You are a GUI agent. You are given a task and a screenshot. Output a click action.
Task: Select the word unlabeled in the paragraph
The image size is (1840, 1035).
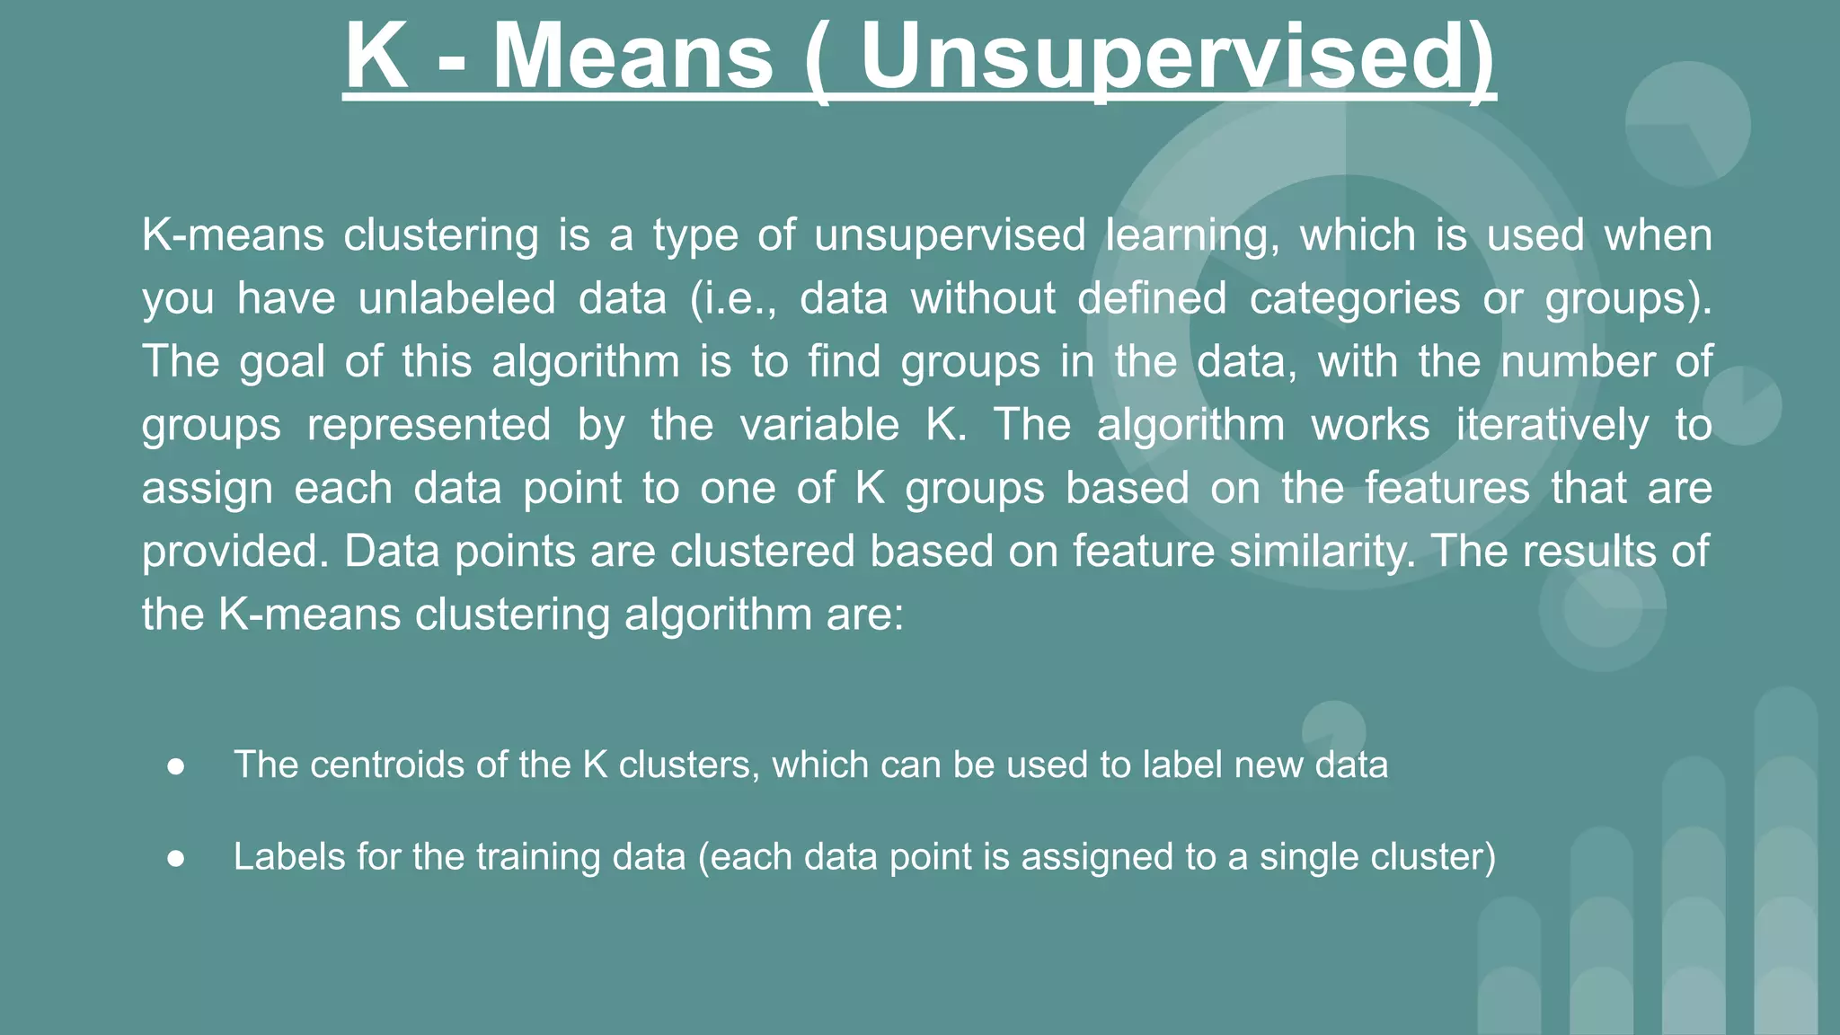pyautogui.click(x=456, y=298)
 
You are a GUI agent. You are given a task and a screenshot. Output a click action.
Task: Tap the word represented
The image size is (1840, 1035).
pyautogui.click(x=429, y=424)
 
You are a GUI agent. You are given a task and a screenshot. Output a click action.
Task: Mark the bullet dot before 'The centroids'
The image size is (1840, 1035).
pyautogui.click(x=176, y=766)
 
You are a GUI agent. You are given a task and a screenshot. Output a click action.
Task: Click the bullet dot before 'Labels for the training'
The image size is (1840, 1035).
pyautogui.click(x=176, y=859)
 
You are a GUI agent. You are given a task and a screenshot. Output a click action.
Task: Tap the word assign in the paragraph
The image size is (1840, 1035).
pyautogui.click(x=207, y=489)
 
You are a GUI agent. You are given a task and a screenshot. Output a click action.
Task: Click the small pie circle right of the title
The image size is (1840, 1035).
pyautogui.click(x=1687, y=124)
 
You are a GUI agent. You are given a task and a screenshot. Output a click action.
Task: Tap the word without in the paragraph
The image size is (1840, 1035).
pyautogui.click(x=983, y=298)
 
